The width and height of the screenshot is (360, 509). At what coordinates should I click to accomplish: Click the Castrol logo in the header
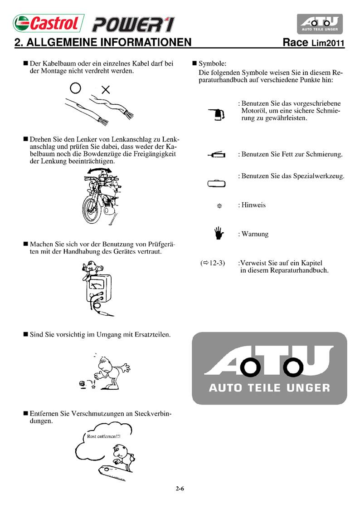coord(46,23)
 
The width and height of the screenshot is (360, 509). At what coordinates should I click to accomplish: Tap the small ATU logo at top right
coord(319,23)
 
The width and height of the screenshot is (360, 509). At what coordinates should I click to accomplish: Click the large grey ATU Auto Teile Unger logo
coord(269,368)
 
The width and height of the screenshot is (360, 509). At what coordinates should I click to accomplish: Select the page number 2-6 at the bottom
coord(180,489)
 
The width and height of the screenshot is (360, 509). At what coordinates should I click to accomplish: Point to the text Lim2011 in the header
coord(328,44)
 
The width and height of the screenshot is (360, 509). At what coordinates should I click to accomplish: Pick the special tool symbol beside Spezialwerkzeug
coord(216,183)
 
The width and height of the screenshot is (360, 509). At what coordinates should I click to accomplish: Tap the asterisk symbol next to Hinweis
coord(219,206)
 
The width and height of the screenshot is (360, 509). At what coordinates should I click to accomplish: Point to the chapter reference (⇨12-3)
coord(213,263)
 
